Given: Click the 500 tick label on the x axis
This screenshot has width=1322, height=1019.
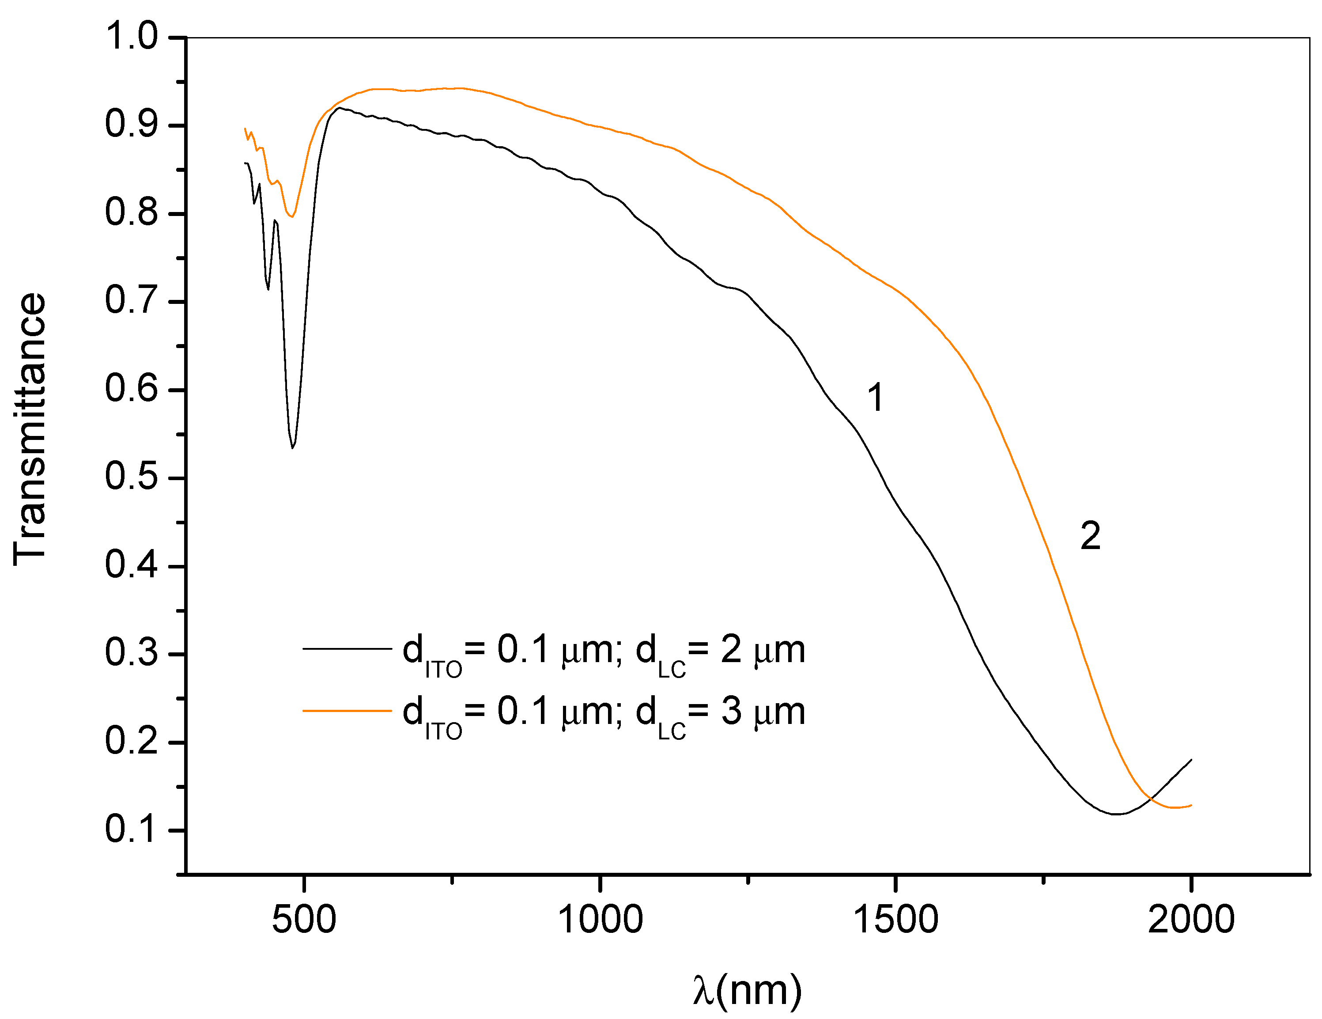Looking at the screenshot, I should tap(304, 919).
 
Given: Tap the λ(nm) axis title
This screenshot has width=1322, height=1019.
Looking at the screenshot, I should tap(747, 991).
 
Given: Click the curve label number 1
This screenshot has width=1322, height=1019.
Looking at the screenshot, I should tap(875, 398).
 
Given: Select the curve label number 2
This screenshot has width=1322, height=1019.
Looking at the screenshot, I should tap(1090, 536).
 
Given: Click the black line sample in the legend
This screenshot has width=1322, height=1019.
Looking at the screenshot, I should tap(347, 648).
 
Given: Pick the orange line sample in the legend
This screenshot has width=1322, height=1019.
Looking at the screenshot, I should tap(347, 710).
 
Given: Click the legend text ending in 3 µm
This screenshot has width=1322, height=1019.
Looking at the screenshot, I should tap(604, 714).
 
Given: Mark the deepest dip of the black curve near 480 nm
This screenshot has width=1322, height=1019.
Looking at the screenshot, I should tap(292, 447).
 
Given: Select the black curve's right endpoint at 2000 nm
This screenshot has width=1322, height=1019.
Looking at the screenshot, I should tap(1191, 759).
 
